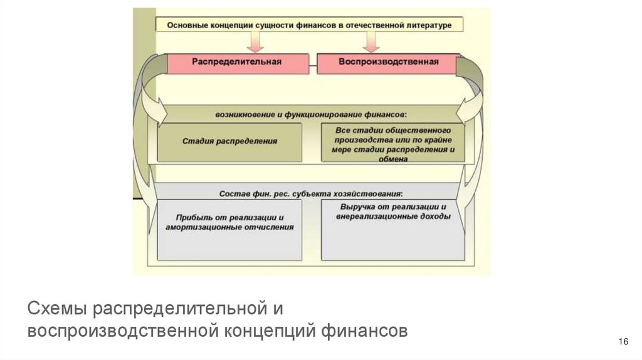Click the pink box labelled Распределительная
[x=236, y=63]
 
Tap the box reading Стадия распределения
[x=229, y=142]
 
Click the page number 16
[x=623, y=341]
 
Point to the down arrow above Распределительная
[x=256, y=41]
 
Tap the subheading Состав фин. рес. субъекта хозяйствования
[x=312, y=193]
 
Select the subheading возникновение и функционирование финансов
[x=312, y=115]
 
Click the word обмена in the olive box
[x=393, y=159]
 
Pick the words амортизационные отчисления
[x=229, y=226]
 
